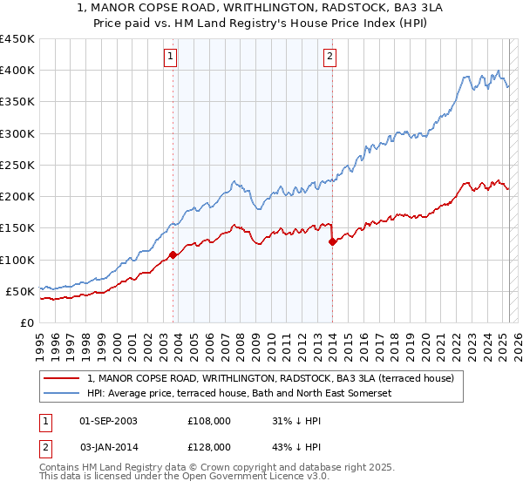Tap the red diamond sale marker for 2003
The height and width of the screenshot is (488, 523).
click(x=173, y=254)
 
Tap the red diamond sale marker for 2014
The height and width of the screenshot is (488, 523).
click(x=332, y=242)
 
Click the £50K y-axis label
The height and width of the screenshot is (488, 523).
click(x=20, y=291)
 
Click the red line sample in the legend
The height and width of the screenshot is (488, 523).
click(x=62, y=379)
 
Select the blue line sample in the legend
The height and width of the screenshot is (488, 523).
click(x=62, y=394)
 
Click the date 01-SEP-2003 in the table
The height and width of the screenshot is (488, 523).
click(x=108, y=420)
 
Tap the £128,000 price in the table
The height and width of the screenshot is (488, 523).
click(x=209, y=446)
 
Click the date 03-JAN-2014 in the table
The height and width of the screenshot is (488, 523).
click(x=108, y=446)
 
